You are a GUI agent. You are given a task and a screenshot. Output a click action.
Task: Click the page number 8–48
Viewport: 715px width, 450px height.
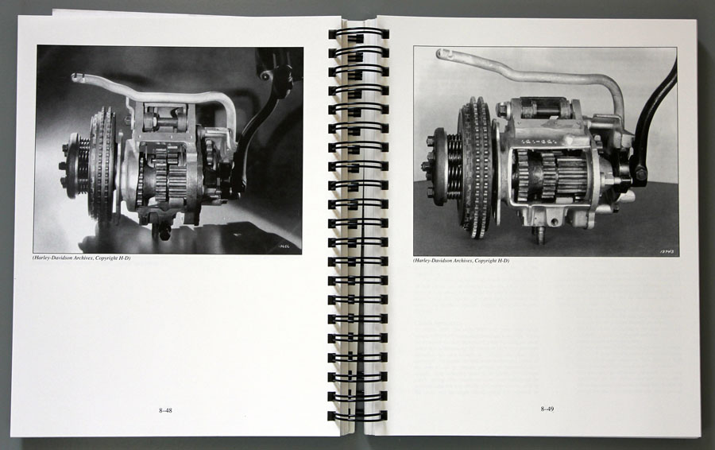pyautogui.click(x=165, y=410)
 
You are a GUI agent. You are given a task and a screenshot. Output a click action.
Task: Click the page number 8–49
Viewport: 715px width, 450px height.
pyautogui.click(x=547, y=409)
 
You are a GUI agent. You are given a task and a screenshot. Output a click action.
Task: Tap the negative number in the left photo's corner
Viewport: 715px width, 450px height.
pyautogui.click(x=288, y=246)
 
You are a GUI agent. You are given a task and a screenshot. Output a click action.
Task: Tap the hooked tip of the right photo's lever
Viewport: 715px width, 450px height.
pyautogui.click(x=443, y=54)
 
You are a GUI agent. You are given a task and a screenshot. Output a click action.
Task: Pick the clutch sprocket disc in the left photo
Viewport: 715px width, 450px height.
pyautogui.click(x=103, y=163)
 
